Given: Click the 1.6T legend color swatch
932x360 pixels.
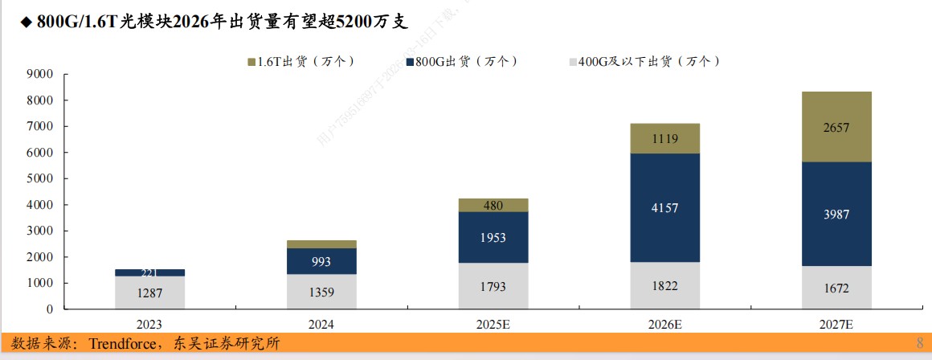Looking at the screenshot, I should [x=251, y=62].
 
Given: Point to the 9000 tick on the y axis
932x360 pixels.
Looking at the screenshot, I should [x=39, y=75].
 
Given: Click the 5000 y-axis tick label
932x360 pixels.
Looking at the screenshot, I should [x=39, y=179].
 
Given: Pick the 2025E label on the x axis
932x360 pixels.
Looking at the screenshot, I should [x=493, y=325].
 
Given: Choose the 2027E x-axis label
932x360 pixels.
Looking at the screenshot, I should [x=836, y=325].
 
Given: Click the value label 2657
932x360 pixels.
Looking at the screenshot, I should [x=836, y=128].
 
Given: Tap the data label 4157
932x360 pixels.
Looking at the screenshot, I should [x=664, y=208].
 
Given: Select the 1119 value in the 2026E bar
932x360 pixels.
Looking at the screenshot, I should [x=664, y=139].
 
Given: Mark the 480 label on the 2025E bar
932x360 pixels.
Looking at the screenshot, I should [x=493, y=206].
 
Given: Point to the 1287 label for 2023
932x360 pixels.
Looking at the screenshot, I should [x=149, y=293].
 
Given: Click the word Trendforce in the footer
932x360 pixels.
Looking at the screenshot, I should [x=124, y=344].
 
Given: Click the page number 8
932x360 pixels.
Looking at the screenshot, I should [x=919, y=344].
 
